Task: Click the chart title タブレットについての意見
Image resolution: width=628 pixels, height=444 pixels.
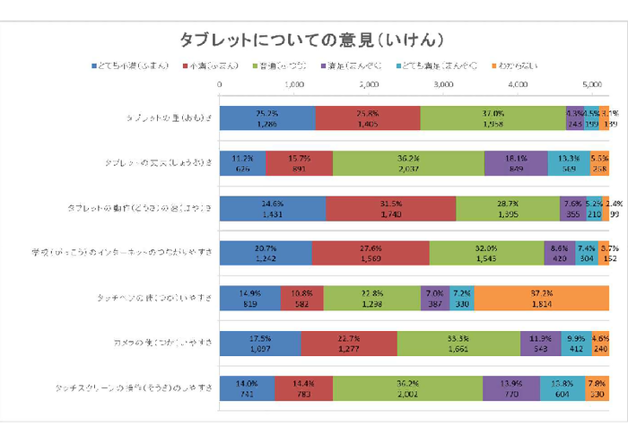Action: point(313,39)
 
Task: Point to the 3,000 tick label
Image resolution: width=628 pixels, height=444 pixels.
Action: point(442,83)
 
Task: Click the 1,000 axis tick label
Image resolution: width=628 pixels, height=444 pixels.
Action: point(294,83)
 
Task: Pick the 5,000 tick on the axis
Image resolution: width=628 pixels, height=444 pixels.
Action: point(590,83)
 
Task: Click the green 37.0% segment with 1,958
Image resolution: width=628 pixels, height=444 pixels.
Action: point(493,118)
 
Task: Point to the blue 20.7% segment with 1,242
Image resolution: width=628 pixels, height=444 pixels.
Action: point(266,252)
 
